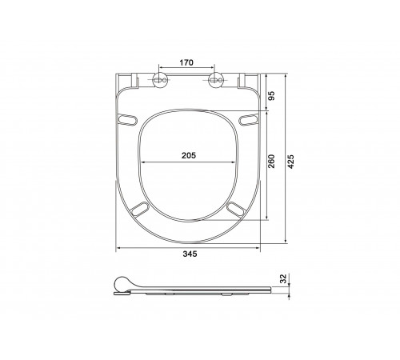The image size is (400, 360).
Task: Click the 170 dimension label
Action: click(x=186, y=62)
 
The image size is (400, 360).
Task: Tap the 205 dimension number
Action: click(x=189, y=155)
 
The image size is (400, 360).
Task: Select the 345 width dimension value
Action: click(x=190, y=254)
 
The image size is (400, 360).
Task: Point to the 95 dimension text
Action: click(x=271, y=95)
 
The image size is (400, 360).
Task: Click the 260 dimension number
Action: click(x=271, y=162)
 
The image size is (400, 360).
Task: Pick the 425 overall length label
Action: click(x=291, y=162)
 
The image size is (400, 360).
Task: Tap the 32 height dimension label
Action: click(x=283, y=278)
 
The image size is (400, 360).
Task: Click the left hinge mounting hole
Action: click(x=160, y=80)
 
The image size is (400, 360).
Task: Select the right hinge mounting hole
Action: click(x=216, y=80)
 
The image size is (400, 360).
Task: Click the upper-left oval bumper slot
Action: click(x=127, y=119)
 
